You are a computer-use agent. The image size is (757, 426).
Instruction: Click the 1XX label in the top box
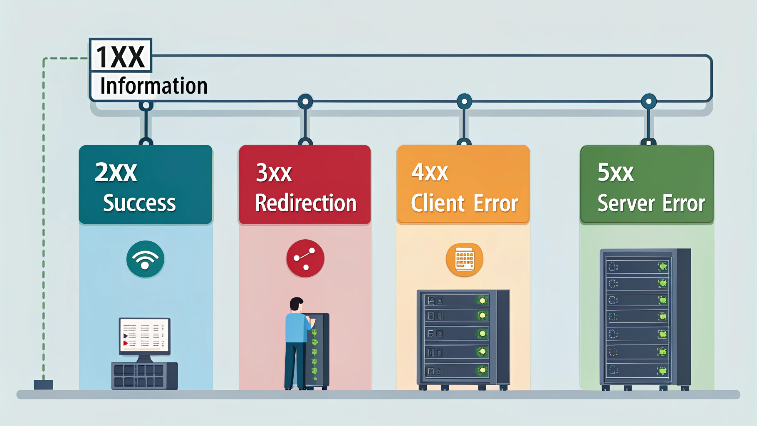120,57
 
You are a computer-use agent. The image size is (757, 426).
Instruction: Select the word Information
153,86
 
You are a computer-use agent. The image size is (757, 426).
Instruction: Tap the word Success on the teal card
139,203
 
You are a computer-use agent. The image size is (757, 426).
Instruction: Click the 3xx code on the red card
274,173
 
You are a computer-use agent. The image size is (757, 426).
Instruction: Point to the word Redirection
306,203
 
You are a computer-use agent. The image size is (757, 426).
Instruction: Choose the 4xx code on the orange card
430,172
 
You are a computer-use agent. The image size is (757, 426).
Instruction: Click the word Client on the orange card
438,203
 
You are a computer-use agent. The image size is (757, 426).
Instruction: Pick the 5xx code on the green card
616,172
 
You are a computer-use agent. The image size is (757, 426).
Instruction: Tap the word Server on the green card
626,203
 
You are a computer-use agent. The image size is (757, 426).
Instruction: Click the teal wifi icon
145,259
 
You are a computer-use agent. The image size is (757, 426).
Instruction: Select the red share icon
305,258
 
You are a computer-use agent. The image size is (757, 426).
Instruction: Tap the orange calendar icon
464,259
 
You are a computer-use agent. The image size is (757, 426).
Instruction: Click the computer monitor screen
144,335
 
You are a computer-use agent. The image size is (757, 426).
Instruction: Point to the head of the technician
297,304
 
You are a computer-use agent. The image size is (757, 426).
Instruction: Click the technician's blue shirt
296,328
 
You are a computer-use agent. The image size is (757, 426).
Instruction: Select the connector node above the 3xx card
305,102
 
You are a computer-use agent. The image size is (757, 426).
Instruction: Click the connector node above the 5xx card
648,102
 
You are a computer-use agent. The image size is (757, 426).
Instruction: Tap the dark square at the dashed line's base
43,384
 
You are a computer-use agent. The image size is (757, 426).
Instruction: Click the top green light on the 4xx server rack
482,300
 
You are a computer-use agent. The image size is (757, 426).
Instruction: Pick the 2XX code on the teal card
116,172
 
